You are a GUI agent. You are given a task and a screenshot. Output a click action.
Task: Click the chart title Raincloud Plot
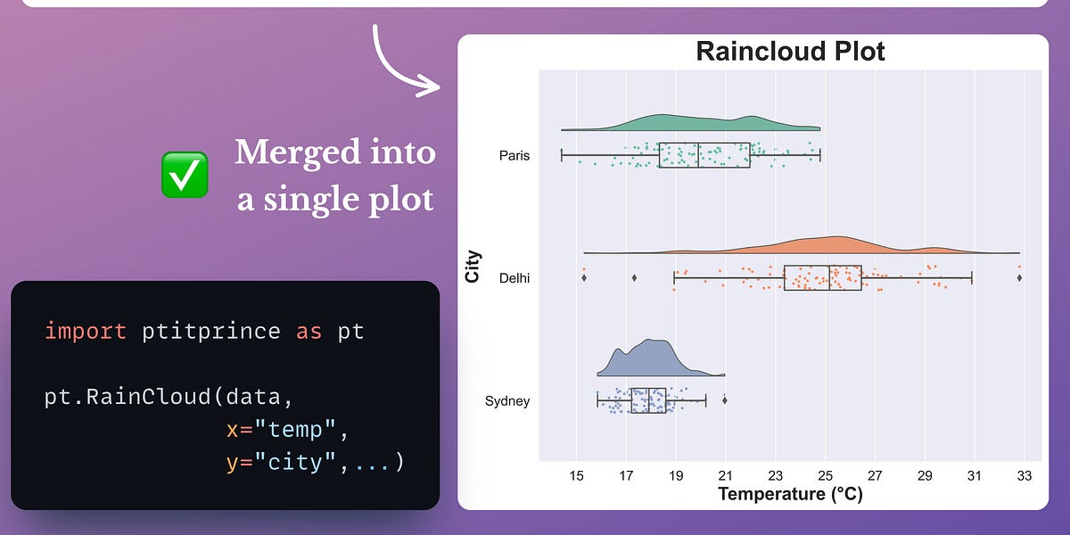[790, 52]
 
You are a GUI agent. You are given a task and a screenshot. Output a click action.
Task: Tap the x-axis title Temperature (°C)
[790, 493]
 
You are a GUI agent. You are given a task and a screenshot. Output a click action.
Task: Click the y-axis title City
[473, 267]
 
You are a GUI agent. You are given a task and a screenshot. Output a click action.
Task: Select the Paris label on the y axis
[514, 156]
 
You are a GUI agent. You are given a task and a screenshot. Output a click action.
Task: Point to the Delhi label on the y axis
[514, 278]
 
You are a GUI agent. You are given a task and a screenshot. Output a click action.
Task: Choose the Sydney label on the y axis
[507, 400]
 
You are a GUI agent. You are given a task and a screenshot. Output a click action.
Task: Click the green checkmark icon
[185, 174]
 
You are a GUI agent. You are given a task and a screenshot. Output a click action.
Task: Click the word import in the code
[86, 332]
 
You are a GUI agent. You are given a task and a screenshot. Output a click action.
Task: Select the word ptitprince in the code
[212, 332]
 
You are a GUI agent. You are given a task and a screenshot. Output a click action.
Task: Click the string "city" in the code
[295, 463]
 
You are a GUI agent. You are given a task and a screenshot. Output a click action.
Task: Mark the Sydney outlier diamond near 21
[725, 400]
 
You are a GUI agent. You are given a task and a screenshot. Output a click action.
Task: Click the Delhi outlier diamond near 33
[1019, 278]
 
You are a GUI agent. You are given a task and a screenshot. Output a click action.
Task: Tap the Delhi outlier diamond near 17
[634, 278]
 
